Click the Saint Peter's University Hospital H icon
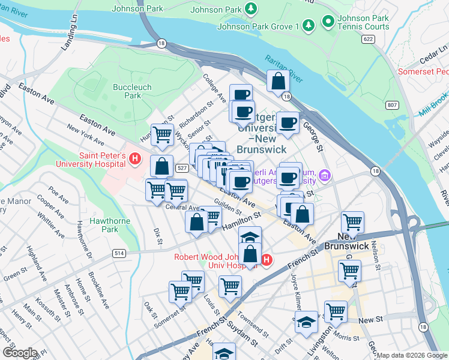point(136,159)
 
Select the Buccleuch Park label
point(132,91)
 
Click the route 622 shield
point(369,39)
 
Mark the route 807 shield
point(393,105)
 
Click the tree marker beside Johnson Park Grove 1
point(308,26)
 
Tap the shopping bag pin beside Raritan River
point(279,82)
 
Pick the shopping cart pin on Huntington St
point(162,136)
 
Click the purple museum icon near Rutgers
point(325,176)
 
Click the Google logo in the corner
point(19,353)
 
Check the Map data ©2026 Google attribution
point(412,355)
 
